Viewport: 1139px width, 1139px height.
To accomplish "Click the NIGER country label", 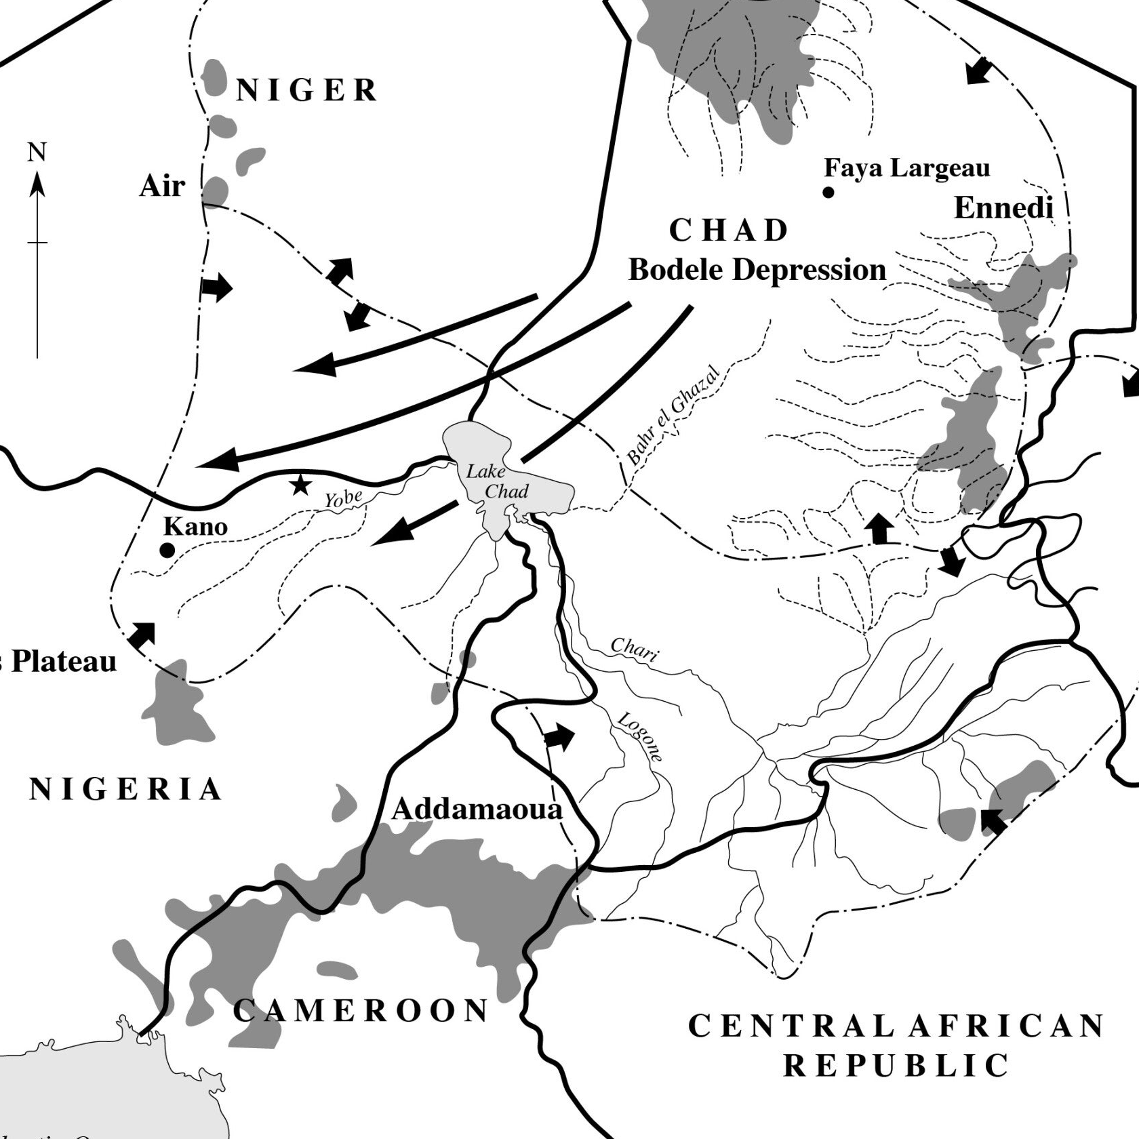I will coord(306,90).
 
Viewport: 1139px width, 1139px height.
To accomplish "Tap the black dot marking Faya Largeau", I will coord(828,193).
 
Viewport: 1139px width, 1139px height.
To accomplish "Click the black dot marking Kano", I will coord(167,551).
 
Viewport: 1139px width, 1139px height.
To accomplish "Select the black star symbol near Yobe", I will coord(300,485).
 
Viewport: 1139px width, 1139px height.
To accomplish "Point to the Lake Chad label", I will coord(496,481).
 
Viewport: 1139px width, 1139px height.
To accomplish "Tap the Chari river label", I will coord(634,649).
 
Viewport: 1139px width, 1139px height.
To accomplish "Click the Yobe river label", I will coord(343,498).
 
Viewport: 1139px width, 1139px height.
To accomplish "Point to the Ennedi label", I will coord(1003,208).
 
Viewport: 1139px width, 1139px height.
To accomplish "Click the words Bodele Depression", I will coord(757,270).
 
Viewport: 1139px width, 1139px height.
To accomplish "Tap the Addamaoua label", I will coord(477,809).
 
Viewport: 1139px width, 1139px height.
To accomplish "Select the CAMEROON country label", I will coord(361,1011).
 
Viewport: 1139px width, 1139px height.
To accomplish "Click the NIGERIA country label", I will coord(126,789).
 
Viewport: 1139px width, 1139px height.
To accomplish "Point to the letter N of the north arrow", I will coord(37,153).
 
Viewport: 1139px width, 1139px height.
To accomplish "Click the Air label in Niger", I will coord(162,186).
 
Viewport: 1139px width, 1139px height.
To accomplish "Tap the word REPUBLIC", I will coord(897,1066).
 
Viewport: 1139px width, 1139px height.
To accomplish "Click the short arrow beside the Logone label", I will coord(559,738).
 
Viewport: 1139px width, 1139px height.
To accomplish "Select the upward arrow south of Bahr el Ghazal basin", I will coord(879,529).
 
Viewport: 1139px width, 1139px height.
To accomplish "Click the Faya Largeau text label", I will coord(906,167).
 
